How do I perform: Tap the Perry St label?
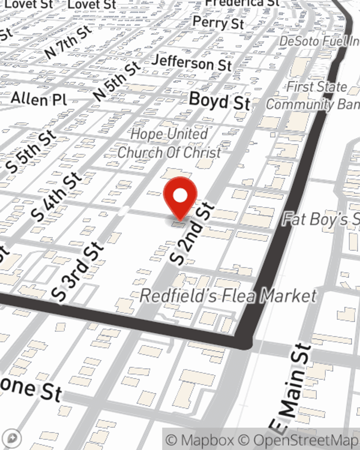(x=218, y=23)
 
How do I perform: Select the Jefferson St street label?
(x=191, y=63)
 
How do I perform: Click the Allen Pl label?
(x=39, y=98)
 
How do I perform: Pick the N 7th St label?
(x=68, y=42)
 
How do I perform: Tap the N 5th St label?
(x=116, y=81)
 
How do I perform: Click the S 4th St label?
(x=56, y=196)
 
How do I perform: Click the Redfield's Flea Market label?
(x=228, y=296)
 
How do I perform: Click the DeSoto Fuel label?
(x=319, y=41)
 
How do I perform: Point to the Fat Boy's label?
(x=320, y=219)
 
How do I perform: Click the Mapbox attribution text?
(x=200, y=440)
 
